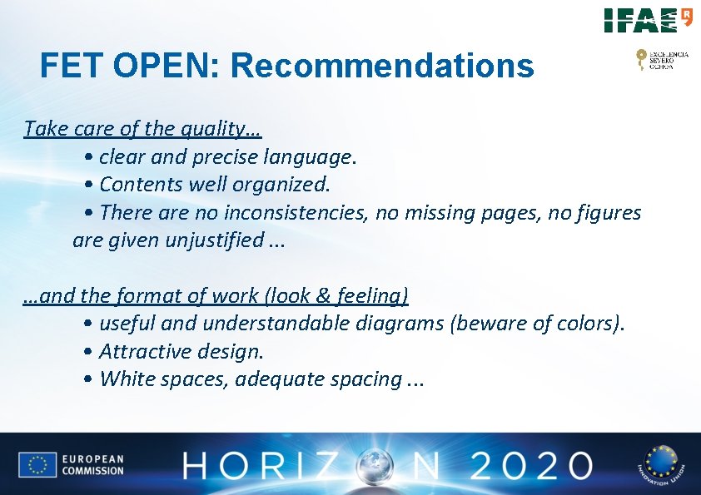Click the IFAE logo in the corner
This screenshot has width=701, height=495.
[x=648, y=20]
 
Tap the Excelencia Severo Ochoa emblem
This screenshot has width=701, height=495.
[x=662, y=59]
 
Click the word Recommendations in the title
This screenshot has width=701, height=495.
[x=384, y=65]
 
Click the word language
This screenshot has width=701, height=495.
[x=309, y=156]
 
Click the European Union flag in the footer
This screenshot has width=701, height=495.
[x=37, y=464]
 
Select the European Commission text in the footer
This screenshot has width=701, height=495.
[x=92, y=464]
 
